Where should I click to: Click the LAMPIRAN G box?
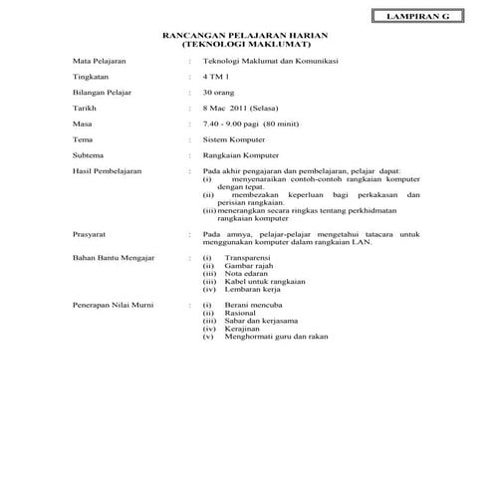pos(410,16)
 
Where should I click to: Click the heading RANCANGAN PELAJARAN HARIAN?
pos(247,36)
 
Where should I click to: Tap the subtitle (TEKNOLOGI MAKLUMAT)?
pos(247,45)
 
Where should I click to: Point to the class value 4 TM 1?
pos(215,77)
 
